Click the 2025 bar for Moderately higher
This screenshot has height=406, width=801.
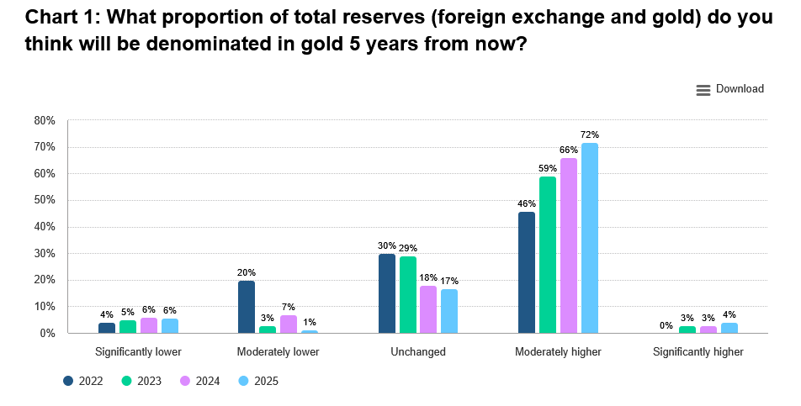tap(590, 238)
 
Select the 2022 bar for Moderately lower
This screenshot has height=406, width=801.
tap(247, 307)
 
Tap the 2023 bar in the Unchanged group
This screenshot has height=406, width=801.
tap(408, 294)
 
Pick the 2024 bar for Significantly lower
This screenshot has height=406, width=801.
tap(149, 325)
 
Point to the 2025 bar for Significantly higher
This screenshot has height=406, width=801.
tap(729, 328)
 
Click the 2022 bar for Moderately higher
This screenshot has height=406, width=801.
tap(527, 272)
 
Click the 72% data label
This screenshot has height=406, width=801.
tap(590, 135)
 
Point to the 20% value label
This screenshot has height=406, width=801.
tap(247, 272)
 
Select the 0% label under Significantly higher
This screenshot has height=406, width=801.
tap(666, 325)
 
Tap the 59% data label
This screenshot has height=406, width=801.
tap(548, 168)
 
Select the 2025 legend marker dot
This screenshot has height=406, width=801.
tap(243, 381)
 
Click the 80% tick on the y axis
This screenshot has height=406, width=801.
tap(45, 120)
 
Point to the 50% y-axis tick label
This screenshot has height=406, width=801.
tap(45, 200)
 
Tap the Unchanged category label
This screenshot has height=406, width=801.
tap(418, 351)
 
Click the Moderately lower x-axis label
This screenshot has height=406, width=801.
tap(278, 351)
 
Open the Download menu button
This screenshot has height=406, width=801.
tap(730, 89)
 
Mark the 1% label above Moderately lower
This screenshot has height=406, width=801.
tap(310, 323)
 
